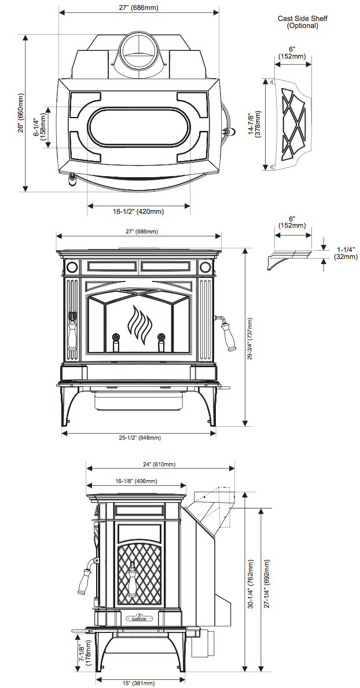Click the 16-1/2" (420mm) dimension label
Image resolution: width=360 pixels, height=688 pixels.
[138, 212]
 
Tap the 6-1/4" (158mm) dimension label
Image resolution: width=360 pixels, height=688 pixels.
[40, 127]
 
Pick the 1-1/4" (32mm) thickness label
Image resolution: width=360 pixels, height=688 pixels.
[346, 252]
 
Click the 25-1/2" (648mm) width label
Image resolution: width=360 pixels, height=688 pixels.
[138, 438]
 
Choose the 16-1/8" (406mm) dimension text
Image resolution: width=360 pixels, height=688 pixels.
[136, 481]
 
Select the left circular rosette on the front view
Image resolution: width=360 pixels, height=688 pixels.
[72, 268]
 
